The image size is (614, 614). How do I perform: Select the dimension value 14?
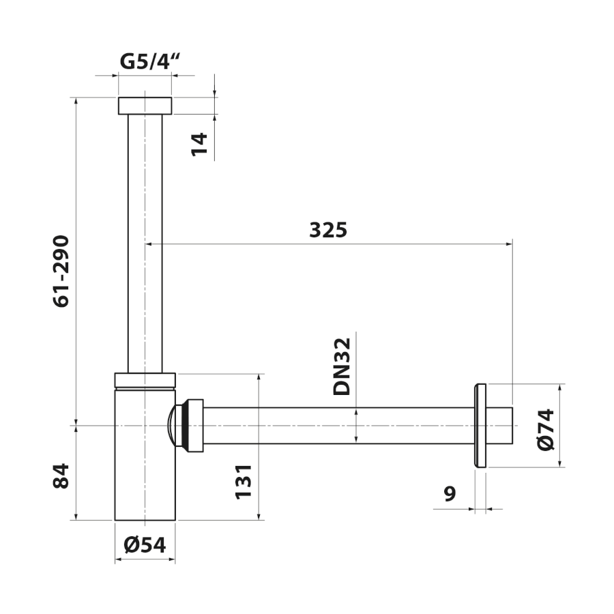pos(199,145)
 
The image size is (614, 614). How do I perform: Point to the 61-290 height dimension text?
pos(61,272)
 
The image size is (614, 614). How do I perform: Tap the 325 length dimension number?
pos(328,230)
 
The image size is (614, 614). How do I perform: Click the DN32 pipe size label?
pos(342,366)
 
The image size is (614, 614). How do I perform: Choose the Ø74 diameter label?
pos(546,430)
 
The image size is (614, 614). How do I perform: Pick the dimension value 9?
pos(450,493)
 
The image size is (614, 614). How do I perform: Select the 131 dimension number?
pos(243,482)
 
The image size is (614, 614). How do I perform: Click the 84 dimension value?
pos(61,476)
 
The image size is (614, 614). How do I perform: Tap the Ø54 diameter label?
pos(145,544)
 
